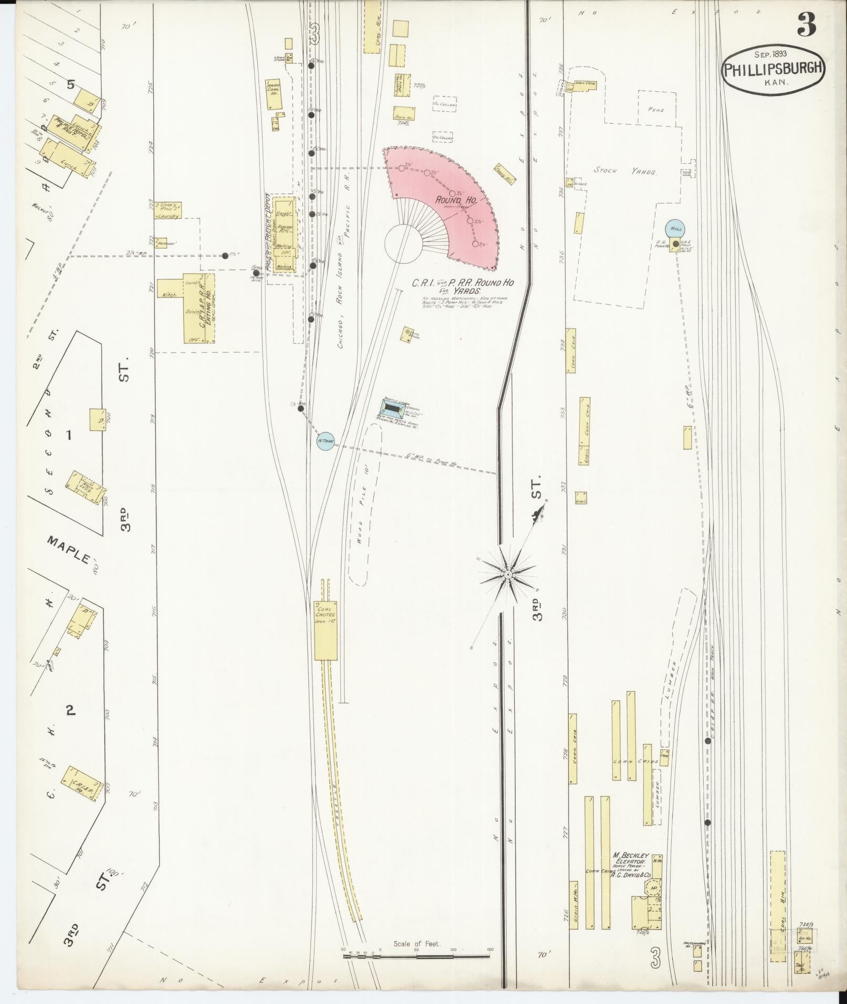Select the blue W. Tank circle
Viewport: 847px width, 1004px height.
(x=326, y=441)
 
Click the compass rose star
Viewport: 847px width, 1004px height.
(x=508, y=576)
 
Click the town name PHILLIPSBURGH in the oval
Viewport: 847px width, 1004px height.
(x=772, y=69)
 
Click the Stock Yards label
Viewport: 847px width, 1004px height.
(x=624, y=171)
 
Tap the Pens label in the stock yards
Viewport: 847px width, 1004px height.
(x=656, y=110)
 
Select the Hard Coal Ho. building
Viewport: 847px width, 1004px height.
(x=274, y=95)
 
